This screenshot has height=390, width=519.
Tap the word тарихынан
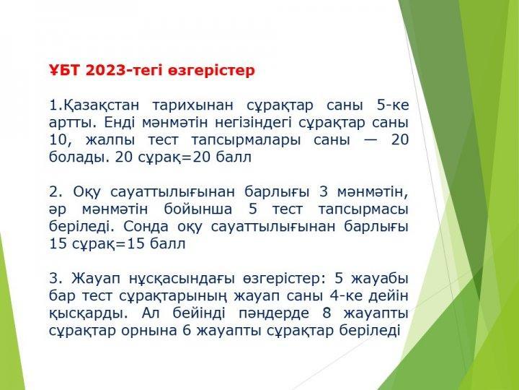[192, 105]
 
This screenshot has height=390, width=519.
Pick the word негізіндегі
[253, 123]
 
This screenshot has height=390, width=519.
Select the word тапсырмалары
[246, 140]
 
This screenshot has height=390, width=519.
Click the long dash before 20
[371, 140]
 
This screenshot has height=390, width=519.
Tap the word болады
[79, 157]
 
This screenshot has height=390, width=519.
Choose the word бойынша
[198, 209]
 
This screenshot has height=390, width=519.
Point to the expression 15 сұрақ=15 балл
[117, 244]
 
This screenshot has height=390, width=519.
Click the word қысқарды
[89, 313]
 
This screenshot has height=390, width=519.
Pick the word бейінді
[199, 313]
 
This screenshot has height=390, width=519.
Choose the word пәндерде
[274, 313]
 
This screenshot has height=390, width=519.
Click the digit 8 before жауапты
[327, 313]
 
